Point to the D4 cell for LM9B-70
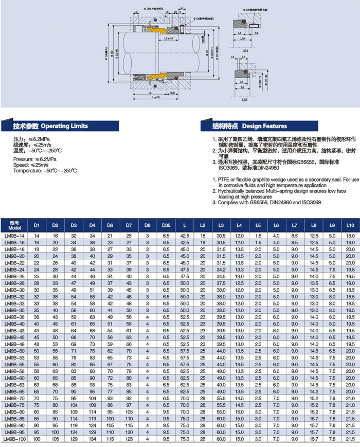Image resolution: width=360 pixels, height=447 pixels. (92, 398)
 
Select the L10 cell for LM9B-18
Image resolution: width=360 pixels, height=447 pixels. (350, 249)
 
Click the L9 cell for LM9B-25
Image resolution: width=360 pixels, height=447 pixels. (332, 276)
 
